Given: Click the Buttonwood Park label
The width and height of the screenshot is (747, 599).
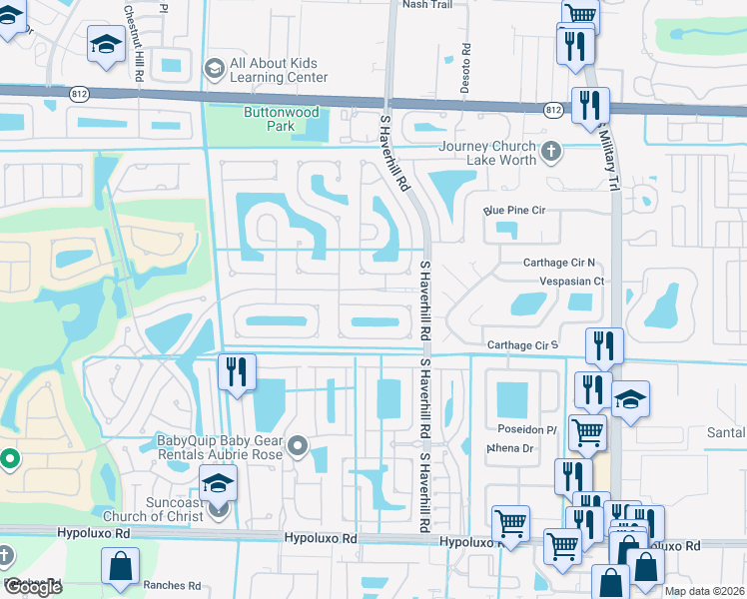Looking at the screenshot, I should coord(270,120).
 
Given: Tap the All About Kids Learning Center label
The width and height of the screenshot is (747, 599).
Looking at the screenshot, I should coord(279,70).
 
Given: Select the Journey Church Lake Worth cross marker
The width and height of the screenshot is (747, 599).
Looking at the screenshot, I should coord(550,153).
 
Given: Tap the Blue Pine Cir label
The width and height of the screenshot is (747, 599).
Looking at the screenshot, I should coord(514,211).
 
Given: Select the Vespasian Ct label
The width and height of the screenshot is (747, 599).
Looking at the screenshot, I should coord(571,282).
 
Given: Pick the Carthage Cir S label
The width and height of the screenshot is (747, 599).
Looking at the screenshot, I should coord(520,345).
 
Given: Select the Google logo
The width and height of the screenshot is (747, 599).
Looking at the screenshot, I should coord(32,587).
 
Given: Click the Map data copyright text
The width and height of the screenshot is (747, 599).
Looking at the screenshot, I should coord(705,591).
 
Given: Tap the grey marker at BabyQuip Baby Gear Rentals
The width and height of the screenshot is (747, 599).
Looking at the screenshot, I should coord(298,447).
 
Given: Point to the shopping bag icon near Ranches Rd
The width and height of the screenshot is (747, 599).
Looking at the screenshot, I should coord(120,567).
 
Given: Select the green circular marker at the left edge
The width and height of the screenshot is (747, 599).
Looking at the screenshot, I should coord(9,460).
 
